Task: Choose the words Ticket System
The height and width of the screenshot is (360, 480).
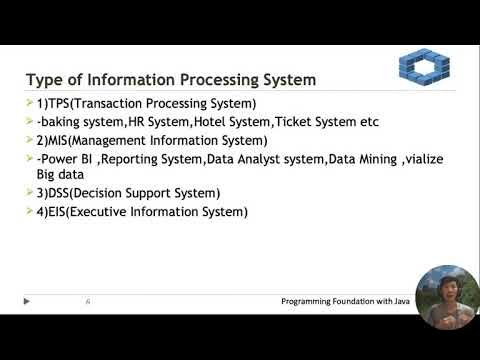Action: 320,122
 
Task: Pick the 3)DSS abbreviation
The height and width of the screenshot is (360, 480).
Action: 56,193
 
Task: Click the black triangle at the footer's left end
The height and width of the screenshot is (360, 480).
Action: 27,300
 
